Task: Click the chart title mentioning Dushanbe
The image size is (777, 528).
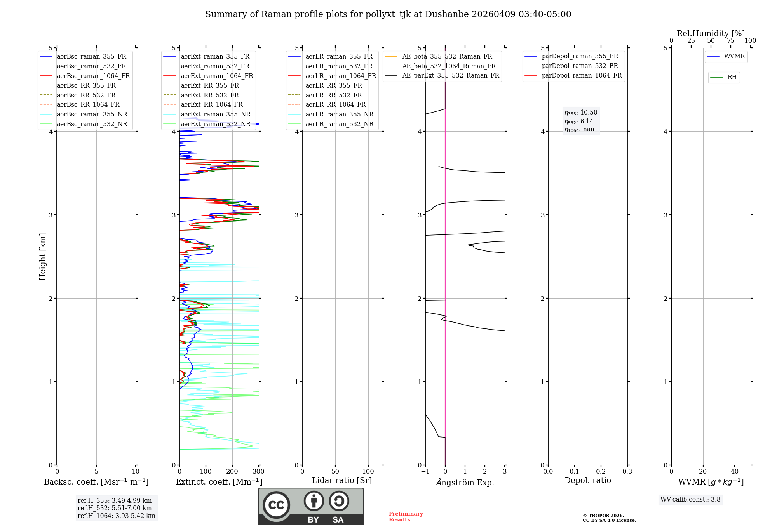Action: [x=388, y=14]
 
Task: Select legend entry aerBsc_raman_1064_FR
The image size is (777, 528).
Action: [x=93, y=76]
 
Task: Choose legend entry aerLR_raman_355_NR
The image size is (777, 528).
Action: [x=339, y=114]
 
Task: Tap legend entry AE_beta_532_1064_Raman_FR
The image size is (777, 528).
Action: [x=449, y=66]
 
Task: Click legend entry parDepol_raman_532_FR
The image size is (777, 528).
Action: [x=580, y=66]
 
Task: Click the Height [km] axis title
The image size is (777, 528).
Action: [x=42, y=257]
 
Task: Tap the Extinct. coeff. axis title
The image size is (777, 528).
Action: [x=219, y=482]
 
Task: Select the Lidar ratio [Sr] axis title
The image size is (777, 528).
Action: [x=342, y=480]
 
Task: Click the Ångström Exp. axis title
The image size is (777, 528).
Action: [x=465, y=482]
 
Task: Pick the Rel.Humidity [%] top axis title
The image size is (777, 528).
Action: [x=711, y=33]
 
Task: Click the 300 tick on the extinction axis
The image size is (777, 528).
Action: [x=259, y=472]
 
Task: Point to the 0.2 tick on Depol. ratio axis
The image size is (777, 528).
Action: [x=601, y=472]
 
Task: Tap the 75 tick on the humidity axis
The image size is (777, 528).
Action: [x=731, y=41]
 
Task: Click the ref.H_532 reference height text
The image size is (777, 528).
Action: [x=115, y=508]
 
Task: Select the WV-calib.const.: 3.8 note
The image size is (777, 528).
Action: [x=690, y=500]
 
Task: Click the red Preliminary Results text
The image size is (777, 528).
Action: [x=406, y=517]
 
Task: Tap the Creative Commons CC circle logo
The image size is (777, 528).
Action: [x=276, y=505]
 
